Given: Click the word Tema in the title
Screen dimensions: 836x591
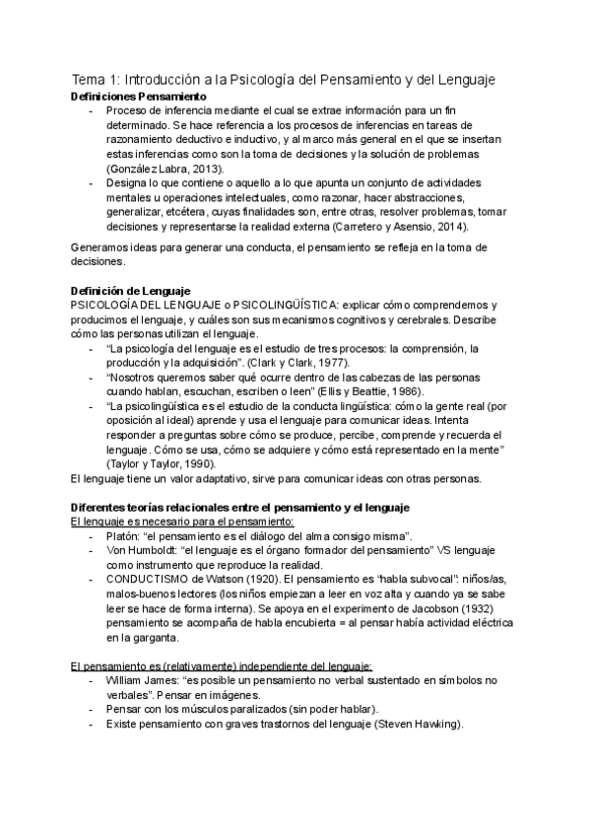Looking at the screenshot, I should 91,78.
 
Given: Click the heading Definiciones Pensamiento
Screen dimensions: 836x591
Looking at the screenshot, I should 139,97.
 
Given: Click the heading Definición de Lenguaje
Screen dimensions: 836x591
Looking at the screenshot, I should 131,291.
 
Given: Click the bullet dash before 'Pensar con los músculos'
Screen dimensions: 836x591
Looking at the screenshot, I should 92,710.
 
